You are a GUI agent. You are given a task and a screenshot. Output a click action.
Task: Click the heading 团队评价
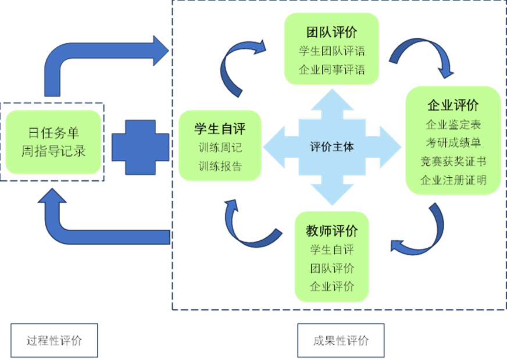pos(331,32)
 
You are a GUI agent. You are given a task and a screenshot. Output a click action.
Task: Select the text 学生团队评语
pos(331,51)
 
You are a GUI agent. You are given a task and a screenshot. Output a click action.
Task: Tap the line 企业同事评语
pos(331,70)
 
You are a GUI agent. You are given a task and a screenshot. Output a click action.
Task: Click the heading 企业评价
pos(453,105)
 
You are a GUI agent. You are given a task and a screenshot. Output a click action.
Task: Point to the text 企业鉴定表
pos(453,124)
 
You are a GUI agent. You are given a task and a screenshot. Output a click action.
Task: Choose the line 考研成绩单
pos(453,142)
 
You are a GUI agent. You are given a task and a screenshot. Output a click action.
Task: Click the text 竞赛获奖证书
pos(453,161)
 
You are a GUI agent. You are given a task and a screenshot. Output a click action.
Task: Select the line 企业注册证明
pos(453,180)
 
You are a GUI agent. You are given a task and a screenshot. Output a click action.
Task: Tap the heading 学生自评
pos(220,129)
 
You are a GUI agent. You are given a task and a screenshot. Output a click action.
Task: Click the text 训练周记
pos(220,148)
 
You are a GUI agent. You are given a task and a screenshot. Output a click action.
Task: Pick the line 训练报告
pos(220,166)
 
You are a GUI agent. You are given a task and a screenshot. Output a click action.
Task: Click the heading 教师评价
pos(331,231)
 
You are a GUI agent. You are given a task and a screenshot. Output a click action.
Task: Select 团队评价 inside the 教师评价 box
pos(331,268)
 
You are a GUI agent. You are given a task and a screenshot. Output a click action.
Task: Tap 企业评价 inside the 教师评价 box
pos(331,287)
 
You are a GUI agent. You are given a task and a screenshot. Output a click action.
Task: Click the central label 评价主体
pos(331,147)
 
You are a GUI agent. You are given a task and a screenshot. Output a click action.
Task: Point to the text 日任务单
pos(53,133)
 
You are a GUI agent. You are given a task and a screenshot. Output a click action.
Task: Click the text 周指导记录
pos(53,151)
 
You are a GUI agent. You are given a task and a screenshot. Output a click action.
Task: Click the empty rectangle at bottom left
pos(53,340)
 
